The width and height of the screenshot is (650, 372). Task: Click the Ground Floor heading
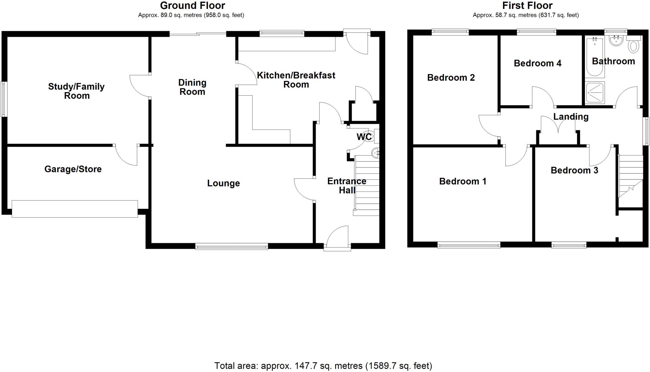[x=192, y=6]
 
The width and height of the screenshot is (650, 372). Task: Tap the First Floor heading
[x=527, y=6]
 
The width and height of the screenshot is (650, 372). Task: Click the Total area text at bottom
[x=323, y=366]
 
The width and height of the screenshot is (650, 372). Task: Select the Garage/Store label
[x=73, y=169]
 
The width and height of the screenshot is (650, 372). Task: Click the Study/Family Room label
[x=76, y=91]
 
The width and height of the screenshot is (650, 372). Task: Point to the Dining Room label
[x=192, y=87]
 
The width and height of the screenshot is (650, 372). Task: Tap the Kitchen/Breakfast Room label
[x=296, y=80]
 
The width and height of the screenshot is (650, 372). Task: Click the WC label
[x=364, y=137]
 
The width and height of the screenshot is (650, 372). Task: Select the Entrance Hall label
[x=347, y=186]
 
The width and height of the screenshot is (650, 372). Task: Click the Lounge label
[x=223, y=183]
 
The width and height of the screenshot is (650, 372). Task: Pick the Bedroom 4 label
[x=537, y=64]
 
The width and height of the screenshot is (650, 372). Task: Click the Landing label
[x=571, y=117]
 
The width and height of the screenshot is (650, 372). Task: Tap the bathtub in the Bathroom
[x=595, y=57]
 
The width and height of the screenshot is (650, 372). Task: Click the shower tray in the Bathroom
[x=595, y=93]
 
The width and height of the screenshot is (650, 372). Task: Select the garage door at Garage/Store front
[x=75, y=209]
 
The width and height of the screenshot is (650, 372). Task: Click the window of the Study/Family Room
[x=3, y=99]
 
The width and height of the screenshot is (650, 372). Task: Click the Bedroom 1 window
[x=469, y=245]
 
